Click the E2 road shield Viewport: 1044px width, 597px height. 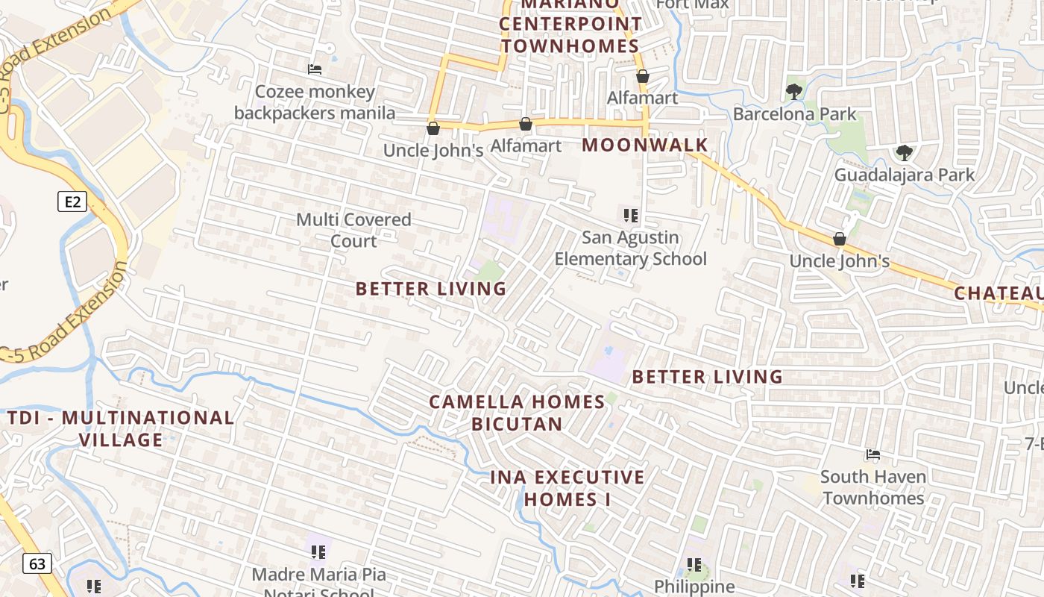(x=72, y=201)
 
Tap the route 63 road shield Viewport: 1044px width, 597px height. (x=37, y=563)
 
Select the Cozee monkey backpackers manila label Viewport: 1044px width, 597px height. (x=315, y=102)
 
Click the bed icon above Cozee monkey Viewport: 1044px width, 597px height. (x=315, y=69)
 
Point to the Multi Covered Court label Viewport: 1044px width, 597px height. (x=353, y=230)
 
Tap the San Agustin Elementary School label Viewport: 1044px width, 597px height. (x=630, y=248)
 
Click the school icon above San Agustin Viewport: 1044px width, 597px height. (x=631, y=216)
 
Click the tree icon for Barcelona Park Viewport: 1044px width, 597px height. (x=793, y=92)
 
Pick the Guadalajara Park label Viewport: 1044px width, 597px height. (x=904, y=175)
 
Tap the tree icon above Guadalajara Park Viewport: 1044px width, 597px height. (x=904, y=153)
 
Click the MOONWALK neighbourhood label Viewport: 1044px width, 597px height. (x=644, y=145)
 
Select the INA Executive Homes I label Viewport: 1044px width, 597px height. (x=567, y=488)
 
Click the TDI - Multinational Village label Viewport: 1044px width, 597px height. (x=121, y=428)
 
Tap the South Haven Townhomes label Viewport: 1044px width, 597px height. (x=873, y=487)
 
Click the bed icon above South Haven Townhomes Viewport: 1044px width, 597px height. (x=872, y=454)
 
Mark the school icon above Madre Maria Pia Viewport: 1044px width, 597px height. (x=318, y=552)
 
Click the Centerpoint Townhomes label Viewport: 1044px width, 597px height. (x=570, y=35)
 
